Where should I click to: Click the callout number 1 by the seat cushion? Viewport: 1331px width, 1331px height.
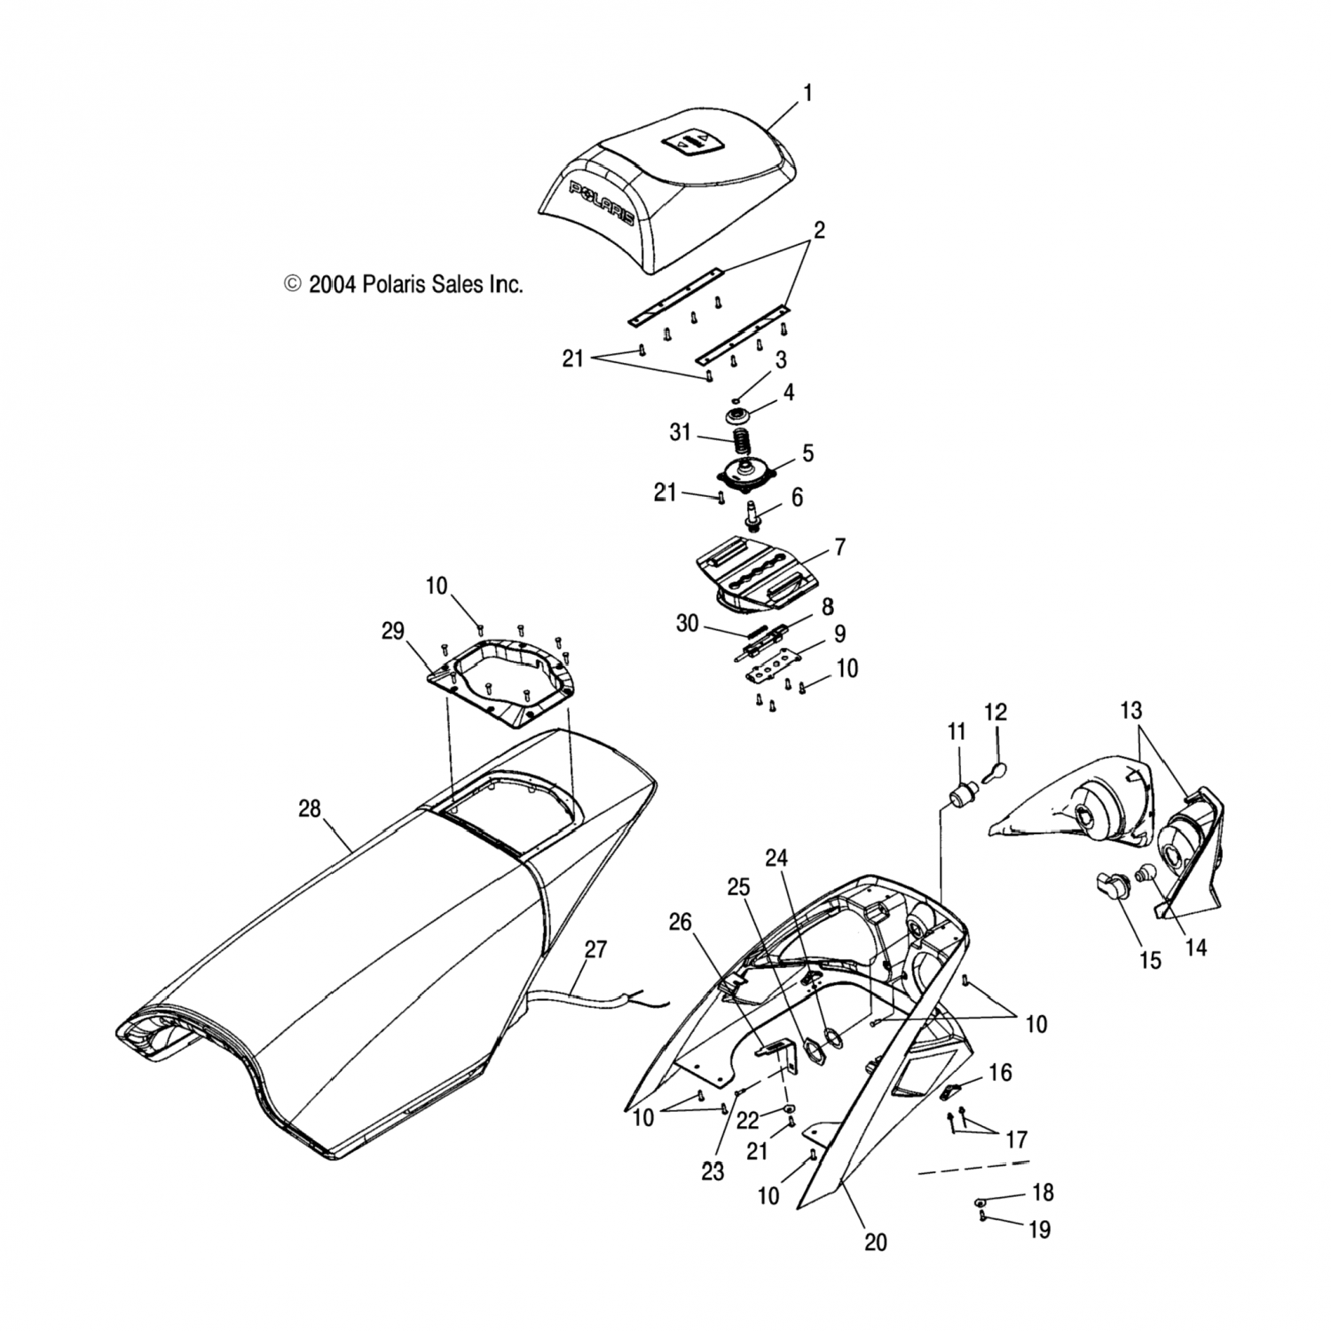[807, 93]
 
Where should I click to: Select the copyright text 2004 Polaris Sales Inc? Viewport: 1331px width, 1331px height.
[403, 284]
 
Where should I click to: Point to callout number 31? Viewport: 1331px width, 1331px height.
[680, 432]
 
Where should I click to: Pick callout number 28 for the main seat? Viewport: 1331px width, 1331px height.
[309, 809]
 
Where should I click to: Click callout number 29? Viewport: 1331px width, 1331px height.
[393, 632]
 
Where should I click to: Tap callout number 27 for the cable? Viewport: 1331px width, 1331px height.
[595, 949]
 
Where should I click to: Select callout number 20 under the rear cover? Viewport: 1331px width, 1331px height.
[875, 1242]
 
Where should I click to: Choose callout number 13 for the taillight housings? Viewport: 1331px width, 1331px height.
[1130, 711]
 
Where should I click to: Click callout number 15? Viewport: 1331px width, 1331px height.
[1150, 960]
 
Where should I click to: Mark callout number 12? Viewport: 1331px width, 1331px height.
[996, 712]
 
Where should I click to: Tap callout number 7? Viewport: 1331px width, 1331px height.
[839, 547]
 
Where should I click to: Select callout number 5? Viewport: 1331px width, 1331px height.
[807, 453]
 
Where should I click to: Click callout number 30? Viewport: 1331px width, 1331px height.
[688, 624]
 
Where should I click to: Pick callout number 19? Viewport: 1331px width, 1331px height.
[1039, 1230]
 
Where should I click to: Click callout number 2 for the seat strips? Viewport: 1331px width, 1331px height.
[819, 231]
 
